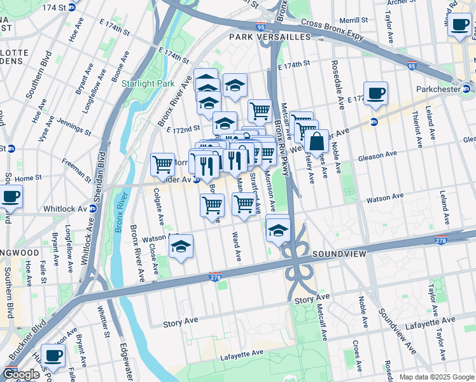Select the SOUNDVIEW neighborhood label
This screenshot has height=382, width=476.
click(339, 254)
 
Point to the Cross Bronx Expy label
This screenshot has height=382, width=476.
click(332, 29)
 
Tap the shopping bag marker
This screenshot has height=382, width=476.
click(316, 143)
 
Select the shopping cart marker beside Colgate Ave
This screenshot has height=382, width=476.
click(163, 164)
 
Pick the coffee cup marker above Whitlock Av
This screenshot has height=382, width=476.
click(10, 197)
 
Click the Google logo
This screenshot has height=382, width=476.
click(21, 374)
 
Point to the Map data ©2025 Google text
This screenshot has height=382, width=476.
click(436, 377)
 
